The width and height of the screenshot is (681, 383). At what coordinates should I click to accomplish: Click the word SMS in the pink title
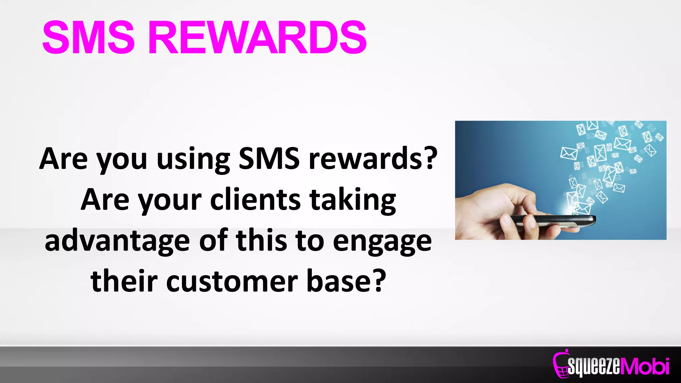click(88, 37)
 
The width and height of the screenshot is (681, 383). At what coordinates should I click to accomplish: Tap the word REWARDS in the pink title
click(257, 37)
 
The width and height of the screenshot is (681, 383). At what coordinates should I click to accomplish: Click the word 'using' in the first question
click(193, 160)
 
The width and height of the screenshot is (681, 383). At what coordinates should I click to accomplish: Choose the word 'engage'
click(382, 242)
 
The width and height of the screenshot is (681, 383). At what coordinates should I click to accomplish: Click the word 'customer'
click(232, 282)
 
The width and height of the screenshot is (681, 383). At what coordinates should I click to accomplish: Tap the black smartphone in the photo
click(552, 220)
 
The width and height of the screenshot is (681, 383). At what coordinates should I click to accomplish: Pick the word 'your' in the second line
click(170, 201)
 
